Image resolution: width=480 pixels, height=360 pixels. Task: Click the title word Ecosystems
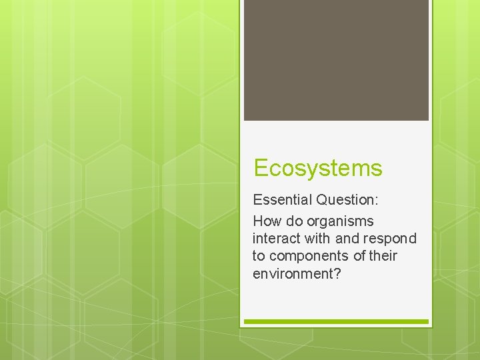[318, 168]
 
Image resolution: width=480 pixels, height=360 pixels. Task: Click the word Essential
[283, 199]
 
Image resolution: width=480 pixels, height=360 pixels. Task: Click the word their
[382, 255]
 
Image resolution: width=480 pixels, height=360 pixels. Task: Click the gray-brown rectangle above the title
[336, 60]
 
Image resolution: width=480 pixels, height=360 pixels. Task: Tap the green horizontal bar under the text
[336, 321]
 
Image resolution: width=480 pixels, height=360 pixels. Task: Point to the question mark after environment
[337, 273]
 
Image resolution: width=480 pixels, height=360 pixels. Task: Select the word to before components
[259, 256]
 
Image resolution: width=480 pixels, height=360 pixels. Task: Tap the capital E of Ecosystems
[260, 168]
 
